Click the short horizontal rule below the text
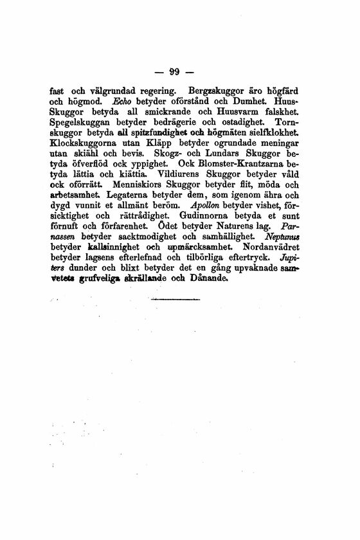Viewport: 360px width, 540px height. [x=174, y=300]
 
